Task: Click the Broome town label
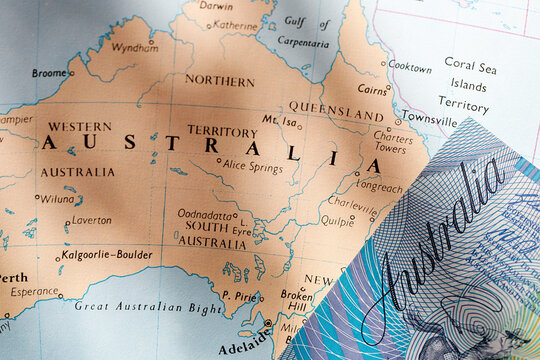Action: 49,73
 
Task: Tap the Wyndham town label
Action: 134,47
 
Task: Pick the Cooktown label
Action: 409,67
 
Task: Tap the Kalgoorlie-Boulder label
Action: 105,254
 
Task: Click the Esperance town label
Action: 33,293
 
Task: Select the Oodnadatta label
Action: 205,213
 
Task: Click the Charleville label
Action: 352,200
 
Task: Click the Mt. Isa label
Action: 280,120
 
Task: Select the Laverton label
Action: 91,219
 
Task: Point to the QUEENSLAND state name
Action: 335,109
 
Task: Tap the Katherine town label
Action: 235,25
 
